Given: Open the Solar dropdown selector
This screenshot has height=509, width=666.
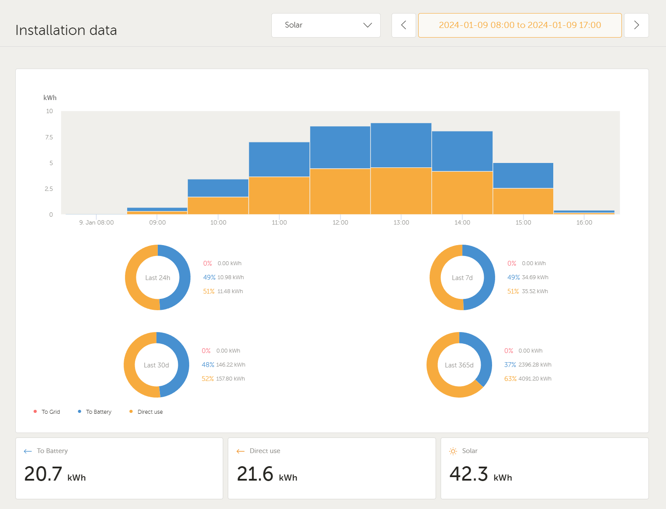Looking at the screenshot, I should tap(326, 25).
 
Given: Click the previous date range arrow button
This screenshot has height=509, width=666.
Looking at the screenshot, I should tap(403, 25).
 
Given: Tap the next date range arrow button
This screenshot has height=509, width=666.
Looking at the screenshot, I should tap(636, 25).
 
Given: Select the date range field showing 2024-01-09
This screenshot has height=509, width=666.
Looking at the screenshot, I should tap(520, 25).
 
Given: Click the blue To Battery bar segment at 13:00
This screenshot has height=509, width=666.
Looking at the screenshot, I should tap(401, 145).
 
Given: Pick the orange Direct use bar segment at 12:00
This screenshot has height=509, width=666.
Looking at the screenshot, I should tap(340, 191).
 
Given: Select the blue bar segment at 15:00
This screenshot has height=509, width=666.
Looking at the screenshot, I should tap(523, 176).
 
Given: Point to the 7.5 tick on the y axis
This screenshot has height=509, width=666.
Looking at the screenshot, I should tap(49, 137).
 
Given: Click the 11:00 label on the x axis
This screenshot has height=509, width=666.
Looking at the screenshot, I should tap(279, 222).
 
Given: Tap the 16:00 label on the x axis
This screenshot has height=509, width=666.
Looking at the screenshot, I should tap(584, 222).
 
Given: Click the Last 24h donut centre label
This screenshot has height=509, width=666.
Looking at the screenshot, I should tap(158, 278).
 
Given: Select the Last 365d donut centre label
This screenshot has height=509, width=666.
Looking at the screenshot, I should tap(459, 365).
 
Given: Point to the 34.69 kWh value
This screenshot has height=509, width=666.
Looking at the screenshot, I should tap(535, 277).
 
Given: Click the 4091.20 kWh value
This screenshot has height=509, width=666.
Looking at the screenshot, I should tap(535, 379).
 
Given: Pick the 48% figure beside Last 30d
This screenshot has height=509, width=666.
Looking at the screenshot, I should tap(208, 365).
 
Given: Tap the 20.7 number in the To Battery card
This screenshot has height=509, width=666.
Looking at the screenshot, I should tap(43, 474).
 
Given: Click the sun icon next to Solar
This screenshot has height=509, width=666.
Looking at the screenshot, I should tap(453, 451).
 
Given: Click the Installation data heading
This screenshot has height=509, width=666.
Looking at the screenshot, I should tap(66, 30).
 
